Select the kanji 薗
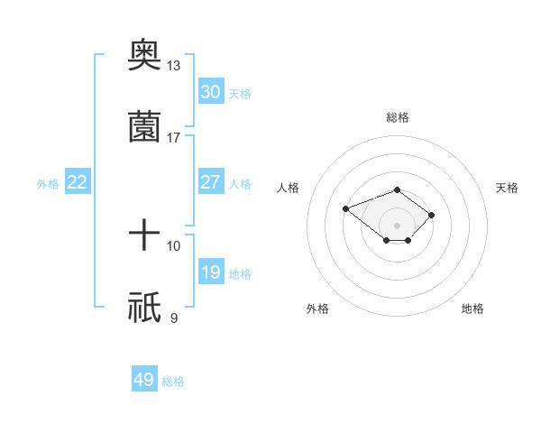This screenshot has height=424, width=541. pos(144,127)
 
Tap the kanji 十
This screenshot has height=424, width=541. pos(144,236)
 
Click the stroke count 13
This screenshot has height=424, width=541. pos(173,66)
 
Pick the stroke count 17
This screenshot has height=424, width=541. pos(173,137)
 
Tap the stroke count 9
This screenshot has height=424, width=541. pos(173,318)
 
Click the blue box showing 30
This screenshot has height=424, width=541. pos(210,92)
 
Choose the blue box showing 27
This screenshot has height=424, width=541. pos(210,182)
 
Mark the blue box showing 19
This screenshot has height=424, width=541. pos(210,272)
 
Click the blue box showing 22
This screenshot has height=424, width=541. pos(78,182)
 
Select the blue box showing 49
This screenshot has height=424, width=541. pos(144,380)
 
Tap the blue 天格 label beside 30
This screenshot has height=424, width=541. pos(240,94)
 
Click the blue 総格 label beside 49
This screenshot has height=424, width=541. pos(173,382)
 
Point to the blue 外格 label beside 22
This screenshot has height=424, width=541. pos(48,184)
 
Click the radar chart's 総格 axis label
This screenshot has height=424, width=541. pos(397,117)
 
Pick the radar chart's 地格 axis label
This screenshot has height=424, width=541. pos(472,309)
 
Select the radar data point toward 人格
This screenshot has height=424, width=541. pos(345,208)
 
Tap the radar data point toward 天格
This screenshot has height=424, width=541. pos(432,215)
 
